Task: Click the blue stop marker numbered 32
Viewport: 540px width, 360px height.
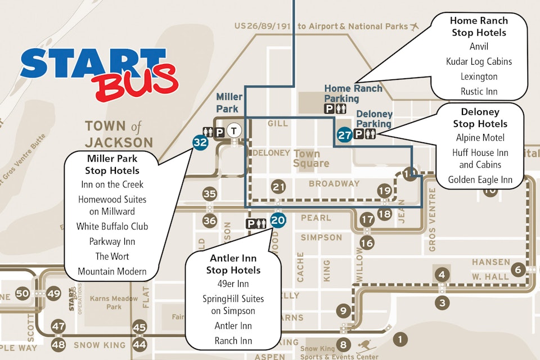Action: point(200,142)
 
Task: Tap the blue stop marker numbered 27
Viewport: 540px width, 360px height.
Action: point(345,134)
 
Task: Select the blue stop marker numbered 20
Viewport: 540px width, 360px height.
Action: point(278,220)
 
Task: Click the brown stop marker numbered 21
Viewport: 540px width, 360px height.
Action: point(278,187)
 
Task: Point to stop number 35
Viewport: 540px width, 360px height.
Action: point(210,194)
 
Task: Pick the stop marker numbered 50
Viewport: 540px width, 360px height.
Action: point(22,293)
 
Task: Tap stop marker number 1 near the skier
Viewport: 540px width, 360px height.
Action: point(400,339)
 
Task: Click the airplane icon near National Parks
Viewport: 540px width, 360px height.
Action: point(416,26)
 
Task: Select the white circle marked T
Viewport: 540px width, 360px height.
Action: point(235,130)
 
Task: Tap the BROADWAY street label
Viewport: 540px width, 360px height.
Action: point(334,184)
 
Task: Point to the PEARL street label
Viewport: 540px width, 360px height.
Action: point(316,218)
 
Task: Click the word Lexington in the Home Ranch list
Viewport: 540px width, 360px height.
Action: point(479,76)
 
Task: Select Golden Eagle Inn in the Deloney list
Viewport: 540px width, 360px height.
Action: point(480,180)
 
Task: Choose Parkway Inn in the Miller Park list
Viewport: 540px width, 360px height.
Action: point(112,241)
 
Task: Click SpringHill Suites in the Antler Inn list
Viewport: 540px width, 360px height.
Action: point(233,304)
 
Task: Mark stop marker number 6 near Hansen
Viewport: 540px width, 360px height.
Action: point(518,270)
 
